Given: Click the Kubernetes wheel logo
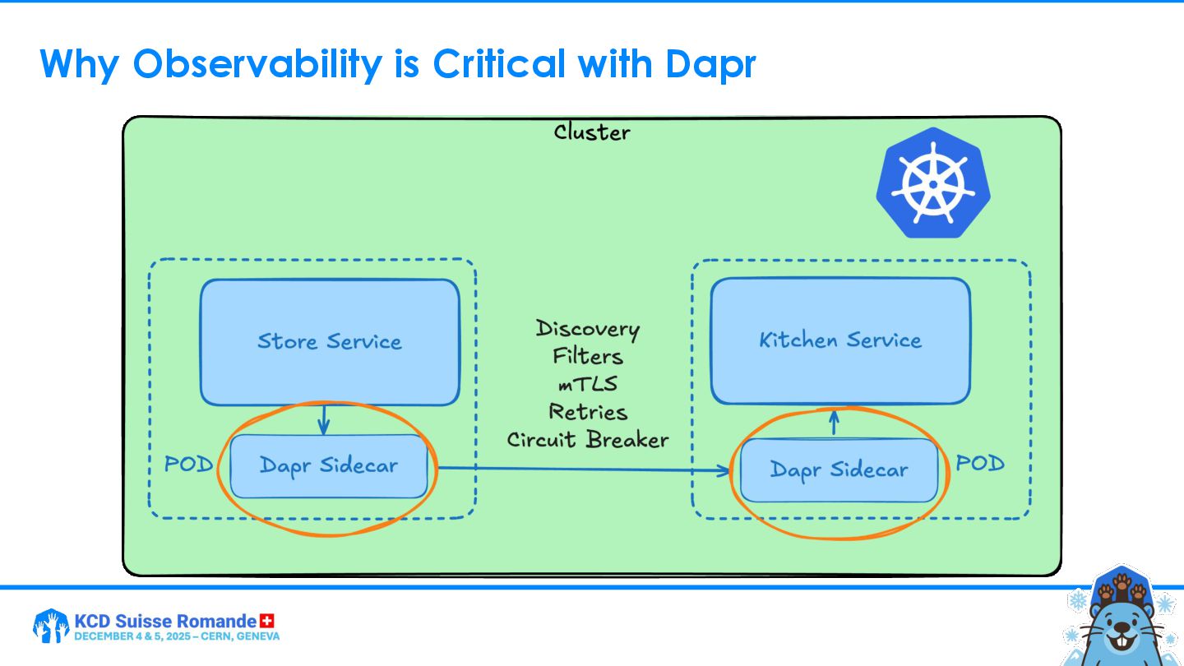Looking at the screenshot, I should pyautogui.click(x=932, y=182).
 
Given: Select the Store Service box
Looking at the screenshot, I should pyautogui.click(x=330, y=342).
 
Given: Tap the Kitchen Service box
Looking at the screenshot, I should pyautogui.click(x=840, y=340).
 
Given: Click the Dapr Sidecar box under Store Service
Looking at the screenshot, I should pyautogui.click(x=329, y=466).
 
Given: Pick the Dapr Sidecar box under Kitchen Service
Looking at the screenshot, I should pyautogui.click(x=839, y=470).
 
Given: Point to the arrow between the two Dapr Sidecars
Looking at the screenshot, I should pyautogui.click(x=584, y=469).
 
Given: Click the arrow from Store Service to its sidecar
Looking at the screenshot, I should pyautogui.click(x=323, y=419).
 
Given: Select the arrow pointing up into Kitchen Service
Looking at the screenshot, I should pyautogui.click(x=834, y=423).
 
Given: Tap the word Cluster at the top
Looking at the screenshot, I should pyautogui.click(x=592, y=132).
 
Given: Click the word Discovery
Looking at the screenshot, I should pyautogui.click(x=588, y=329).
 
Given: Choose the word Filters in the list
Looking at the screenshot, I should pyautogui.click(x=588, y=357).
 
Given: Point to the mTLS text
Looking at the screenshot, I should pyautogui.click(x=588, y=384).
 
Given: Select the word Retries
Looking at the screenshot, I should pyautogui.click(x=588, y=412).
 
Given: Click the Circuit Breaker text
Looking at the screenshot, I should pyautogui.click(x=588, y=440).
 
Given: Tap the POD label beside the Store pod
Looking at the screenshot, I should pyautogui.click(x=188, y=465).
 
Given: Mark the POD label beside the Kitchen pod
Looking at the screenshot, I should pyautogui.click(x=980, y=464).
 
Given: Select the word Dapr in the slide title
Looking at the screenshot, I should pyautogui.click(x=710, y=64).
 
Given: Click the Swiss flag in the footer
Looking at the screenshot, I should pyautogui.click(x=266, y=621).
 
